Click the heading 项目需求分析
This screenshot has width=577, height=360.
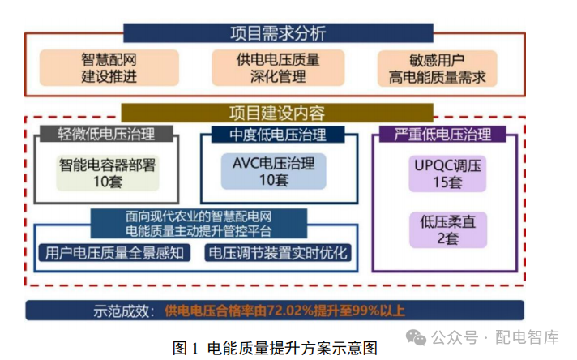click(x=278, y=33)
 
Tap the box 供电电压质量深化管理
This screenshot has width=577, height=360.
click(x=278, y=68)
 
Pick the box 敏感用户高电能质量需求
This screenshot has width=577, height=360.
click(x=437, y=68)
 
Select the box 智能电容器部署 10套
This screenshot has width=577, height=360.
click(x=107, y=172)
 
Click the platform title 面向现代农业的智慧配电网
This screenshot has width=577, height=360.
click(x=199, y=217)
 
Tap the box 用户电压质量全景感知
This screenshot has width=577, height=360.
click(x=115, y=253)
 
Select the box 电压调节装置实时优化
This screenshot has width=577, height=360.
click(x=277, y=253)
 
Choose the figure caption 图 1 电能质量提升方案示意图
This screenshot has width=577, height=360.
click(x=276, y=347)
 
